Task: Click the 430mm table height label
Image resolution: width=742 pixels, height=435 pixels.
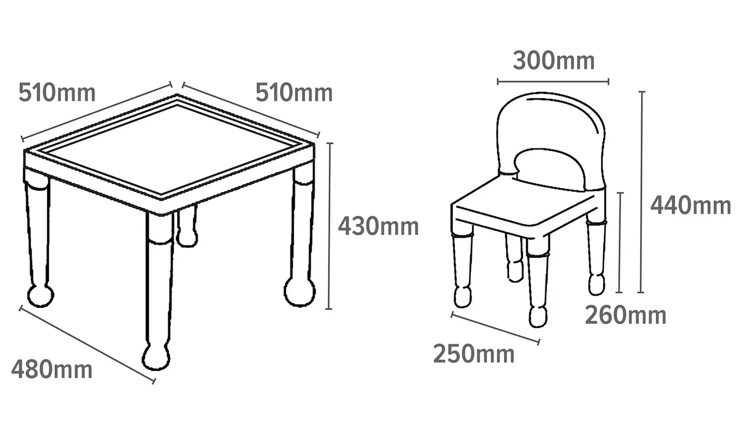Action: point(378,226)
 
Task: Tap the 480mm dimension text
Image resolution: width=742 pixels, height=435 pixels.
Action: point(52,369)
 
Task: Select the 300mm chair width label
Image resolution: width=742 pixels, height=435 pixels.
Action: point(554,61)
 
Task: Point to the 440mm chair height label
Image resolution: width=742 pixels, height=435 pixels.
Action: point(691,205)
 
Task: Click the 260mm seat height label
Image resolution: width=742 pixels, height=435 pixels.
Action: point(626,315)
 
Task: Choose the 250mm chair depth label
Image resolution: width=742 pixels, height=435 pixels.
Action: point(474,354)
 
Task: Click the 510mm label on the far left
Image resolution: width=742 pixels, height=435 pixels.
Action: point(57,93)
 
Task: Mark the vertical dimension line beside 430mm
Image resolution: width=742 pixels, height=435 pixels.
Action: point(329,226)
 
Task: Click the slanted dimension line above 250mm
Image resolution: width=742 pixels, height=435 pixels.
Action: point(495,327)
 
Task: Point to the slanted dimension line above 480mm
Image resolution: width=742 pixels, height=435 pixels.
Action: point(87,345)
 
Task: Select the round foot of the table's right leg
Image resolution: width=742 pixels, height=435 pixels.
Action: point(300,292)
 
